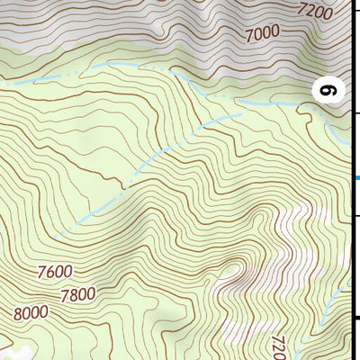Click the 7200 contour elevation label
click(x=315, y=12)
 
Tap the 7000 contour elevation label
click(x=264, y=34)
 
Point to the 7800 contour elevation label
click(x=77, y=293)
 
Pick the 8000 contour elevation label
click(x=31, y=313)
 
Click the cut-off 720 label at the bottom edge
click(x=278, y=346)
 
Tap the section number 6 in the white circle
click(x=329, y=90)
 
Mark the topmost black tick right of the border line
click(x=356, y=113)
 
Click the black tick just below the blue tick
click(x=356, y=216)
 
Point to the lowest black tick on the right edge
click(x=356, y=318)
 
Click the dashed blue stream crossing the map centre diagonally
click(x=135, y=180)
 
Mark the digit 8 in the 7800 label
click(x=74, y=293)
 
